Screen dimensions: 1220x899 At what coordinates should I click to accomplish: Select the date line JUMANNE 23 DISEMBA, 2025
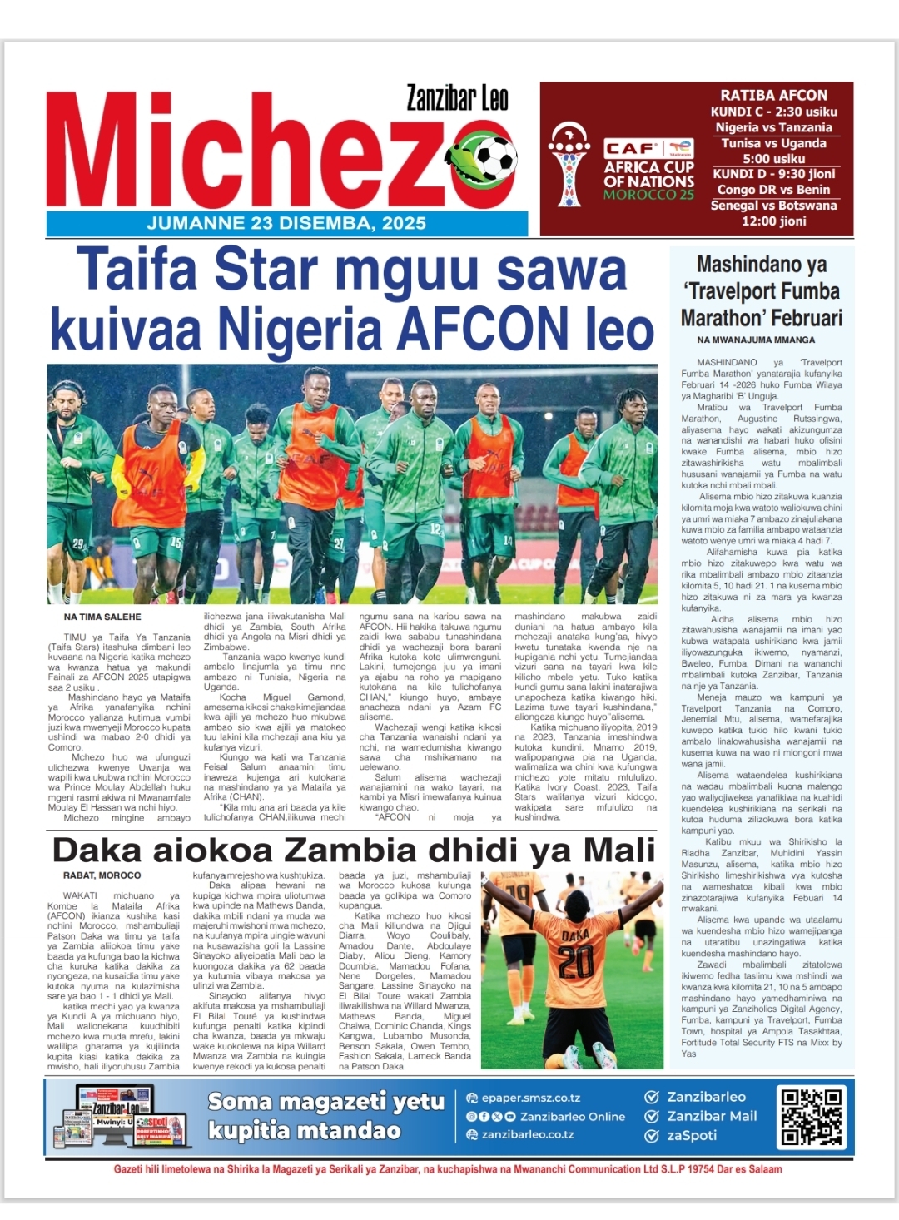click(x=286, y=223)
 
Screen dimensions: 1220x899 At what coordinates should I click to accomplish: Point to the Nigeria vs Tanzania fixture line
click(x=773, y=127)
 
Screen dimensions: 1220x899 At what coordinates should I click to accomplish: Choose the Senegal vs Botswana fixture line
click(x=773, y=205)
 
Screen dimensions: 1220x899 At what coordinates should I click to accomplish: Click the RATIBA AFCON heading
click(x=773, y=95)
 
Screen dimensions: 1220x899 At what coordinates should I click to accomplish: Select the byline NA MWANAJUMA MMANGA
click(x=756, y=340)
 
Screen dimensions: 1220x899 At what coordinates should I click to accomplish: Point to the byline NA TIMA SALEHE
click(x=102, y=617)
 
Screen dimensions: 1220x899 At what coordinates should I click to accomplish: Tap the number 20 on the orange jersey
click(x=575, y=962)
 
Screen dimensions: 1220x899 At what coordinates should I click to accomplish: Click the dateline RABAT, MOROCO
click(x=102, y=875)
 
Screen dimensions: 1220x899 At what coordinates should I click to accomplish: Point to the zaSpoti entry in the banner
click(x=691, y=1135)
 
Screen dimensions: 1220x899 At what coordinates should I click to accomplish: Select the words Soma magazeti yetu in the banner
click(x=325, y=1102)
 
